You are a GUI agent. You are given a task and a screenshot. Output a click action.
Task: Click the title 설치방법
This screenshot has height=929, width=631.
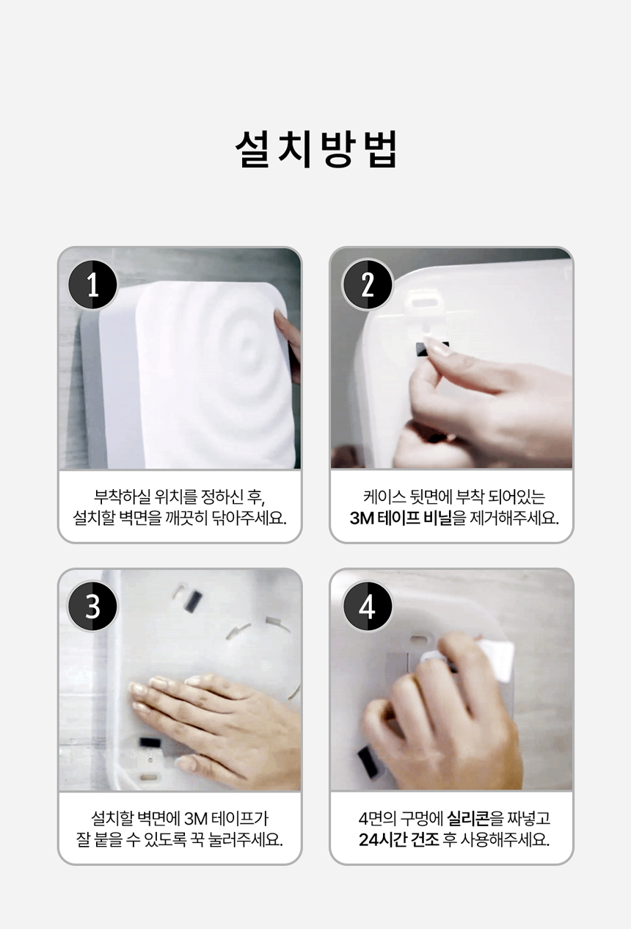(x=315, y=149)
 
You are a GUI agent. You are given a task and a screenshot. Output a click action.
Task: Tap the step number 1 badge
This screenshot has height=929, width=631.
(x=92, y=284)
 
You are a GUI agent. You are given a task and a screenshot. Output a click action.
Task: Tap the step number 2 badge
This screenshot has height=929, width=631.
(x=367, y=284)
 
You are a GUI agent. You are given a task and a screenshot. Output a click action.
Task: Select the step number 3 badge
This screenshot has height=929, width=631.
(x=92, y=606)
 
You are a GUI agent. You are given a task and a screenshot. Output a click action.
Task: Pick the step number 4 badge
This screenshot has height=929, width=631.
(x=367, y=606)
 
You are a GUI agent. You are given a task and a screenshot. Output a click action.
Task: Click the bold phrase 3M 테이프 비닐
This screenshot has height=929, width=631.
(x=401, y=518)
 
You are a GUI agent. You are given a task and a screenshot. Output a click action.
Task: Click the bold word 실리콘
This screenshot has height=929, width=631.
(x=468, y=818)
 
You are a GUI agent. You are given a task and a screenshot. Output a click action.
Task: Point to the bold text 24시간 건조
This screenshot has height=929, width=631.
(x=398, y=840)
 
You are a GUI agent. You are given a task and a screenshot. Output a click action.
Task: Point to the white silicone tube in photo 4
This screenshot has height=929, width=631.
(x=495, y=659)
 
